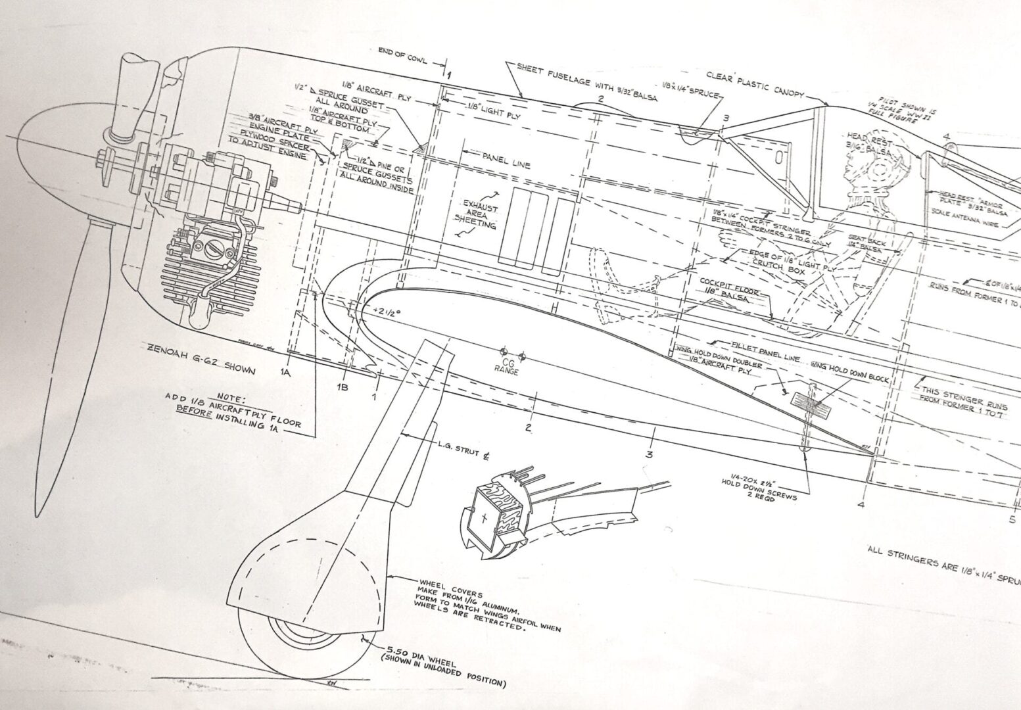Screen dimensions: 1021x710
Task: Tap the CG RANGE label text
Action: coord(506,369)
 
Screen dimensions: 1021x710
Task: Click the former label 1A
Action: coord(285,373)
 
